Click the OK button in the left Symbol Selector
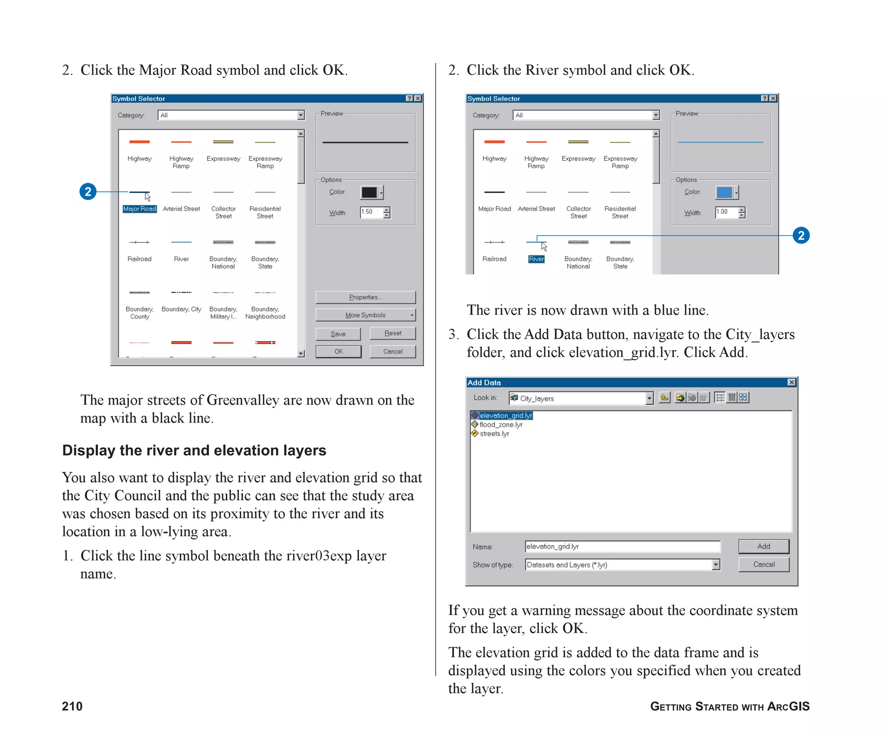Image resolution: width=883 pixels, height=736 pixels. point(338,351)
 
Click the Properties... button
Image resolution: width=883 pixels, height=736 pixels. point(365,297)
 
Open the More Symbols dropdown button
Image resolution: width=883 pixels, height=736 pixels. point(365,315)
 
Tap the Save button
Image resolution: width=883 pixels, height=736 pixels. point(338,334)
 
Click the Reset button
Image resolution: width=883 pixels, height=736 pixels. point(393,333)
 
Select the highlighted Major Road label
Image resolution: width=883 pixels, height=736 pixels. point(140,209)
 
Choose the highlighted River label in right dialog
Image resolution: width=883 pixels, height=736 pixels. point(536,259)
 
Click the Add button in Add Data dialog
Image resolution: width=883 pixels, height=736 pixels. point(764,546)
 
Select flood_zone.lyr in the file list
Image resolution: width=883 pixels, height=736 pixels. point(501,425)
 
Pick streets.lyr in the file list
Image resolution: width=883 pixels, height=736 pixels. point(495,434)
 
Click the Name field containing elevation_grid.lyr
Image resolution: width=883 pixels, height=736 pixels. point(622,547)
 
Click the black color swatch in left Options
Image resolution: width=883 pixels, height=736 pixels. point(369,192)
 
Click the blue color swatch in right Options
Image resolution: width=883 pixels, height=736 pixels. point(724,192)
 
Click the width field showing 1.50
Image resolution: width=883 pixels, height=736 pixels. point(371,212)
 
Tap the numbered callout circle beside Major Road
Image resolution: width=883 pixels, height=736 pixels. point(88,191)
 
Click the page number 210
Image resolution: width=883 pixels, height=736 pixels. point(72,706)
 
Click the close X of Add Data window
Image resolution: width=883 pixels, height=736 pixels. point(792,382)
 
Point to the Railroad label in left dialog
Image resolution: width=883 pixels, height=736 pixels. point(140,259)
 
